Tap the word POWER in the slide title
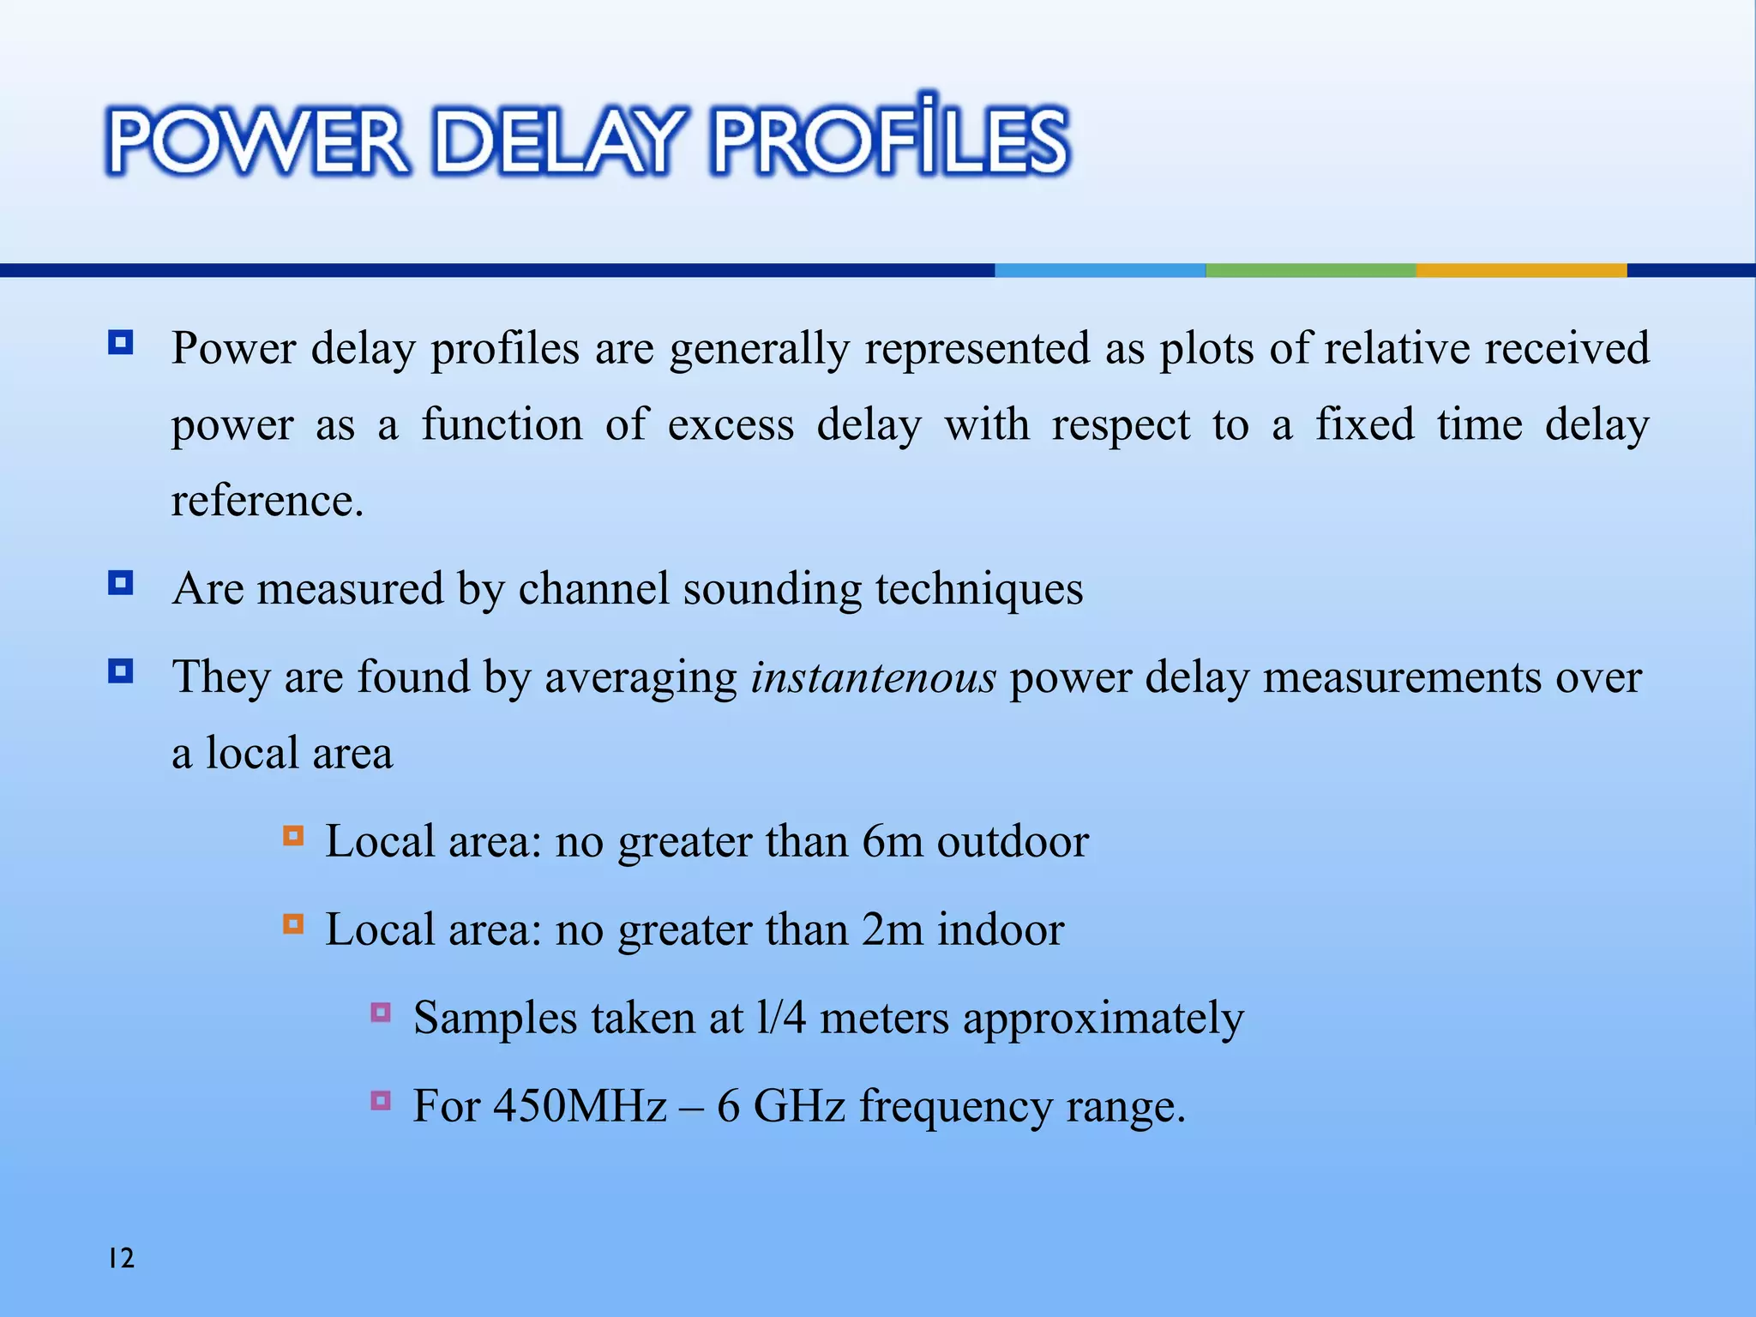257,141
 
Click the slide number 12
121,1258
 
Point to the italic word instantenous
873,677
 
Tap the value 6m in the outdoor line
892,841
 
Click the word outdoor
1013,841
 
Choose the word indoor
1001,929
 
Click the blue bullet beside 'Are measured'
121,584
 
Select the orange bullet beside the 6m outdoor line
293,836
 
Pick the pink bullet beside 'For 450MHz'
382,1100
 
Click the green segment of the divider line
1310,270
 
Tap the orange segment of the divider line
1521,270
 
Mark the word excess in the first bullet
731,425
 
